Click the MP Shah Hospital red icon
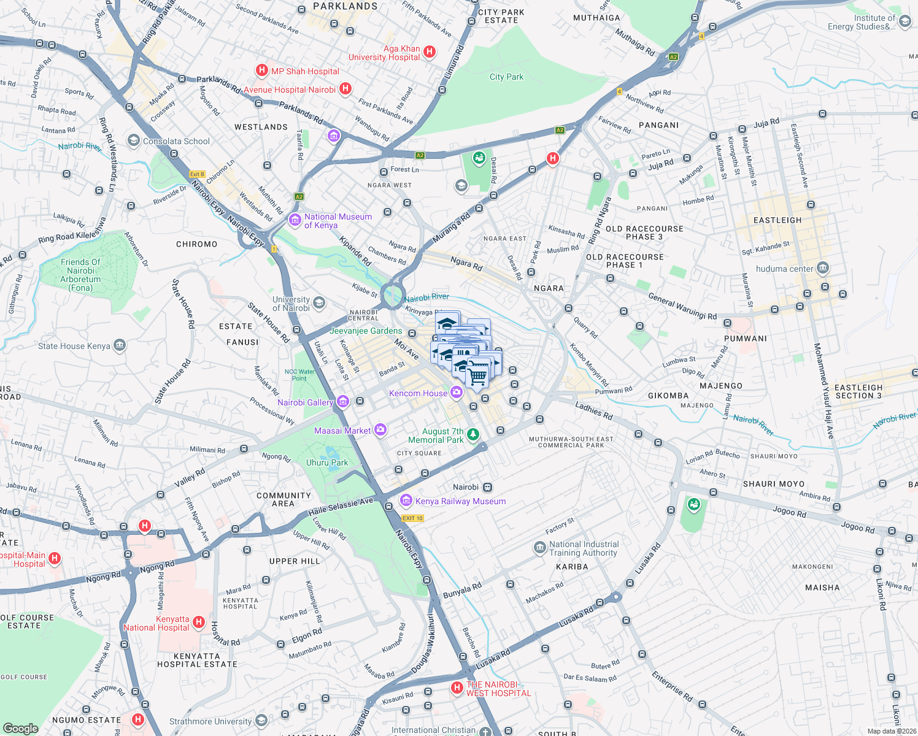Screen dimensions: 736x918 (262, 71)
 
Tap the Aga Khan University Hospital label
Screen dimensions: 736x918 (385, 53)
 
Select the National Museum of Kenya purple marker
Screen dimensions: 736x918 (295, 220)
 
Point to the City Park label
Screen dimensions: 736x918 (506, 77)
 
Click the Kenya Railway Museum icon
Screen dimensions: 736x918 (406, 501)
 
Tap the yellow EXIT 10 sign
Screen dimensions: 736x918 (412, 518)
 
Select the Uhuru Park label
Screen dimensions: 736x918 (327, 463)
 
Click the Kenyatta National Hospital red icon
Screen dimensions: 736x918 (198, 623)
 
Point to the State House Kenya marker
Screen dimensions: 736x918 (120, 345)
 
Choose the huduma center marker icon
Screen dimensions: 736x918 (823, 268)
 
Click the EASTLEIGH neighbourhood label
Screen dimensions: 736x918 (777, 220)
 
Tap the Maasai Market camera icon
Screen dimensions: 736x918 (380, 430)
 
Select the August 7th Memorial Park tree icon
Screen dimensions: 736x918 (473, 435)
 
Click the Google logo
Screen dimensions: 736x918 (20, 728)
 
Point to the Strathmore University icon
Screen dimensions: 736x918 (261, 720)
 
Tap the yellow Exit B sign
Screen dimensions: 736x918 (197, 174)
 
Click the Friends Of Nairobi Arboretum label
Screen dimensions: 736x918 (80, 275)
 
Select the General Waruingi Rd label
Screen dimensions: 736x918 (682, 307)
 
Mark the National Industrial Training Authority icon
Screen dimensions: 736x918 (539, 548)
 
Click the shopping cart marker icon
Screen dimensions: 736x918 (477, 373)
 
